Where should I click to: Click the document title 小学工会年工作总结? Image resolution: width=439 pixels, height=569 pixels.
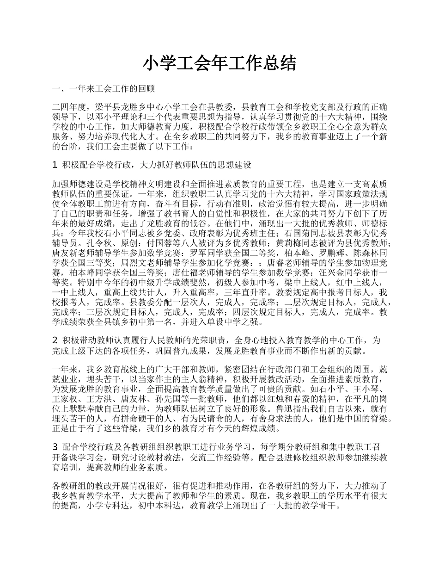click(219, 63)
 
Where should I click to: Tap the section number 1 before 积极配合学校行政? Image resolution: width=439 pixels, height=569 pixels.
click(55, 164)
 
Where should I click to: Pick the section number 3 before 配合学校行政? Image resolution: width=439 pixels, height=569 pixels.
click(55, 446)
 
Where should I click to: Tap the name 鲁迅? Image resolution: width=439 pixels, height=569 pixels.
click(284, 409)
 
